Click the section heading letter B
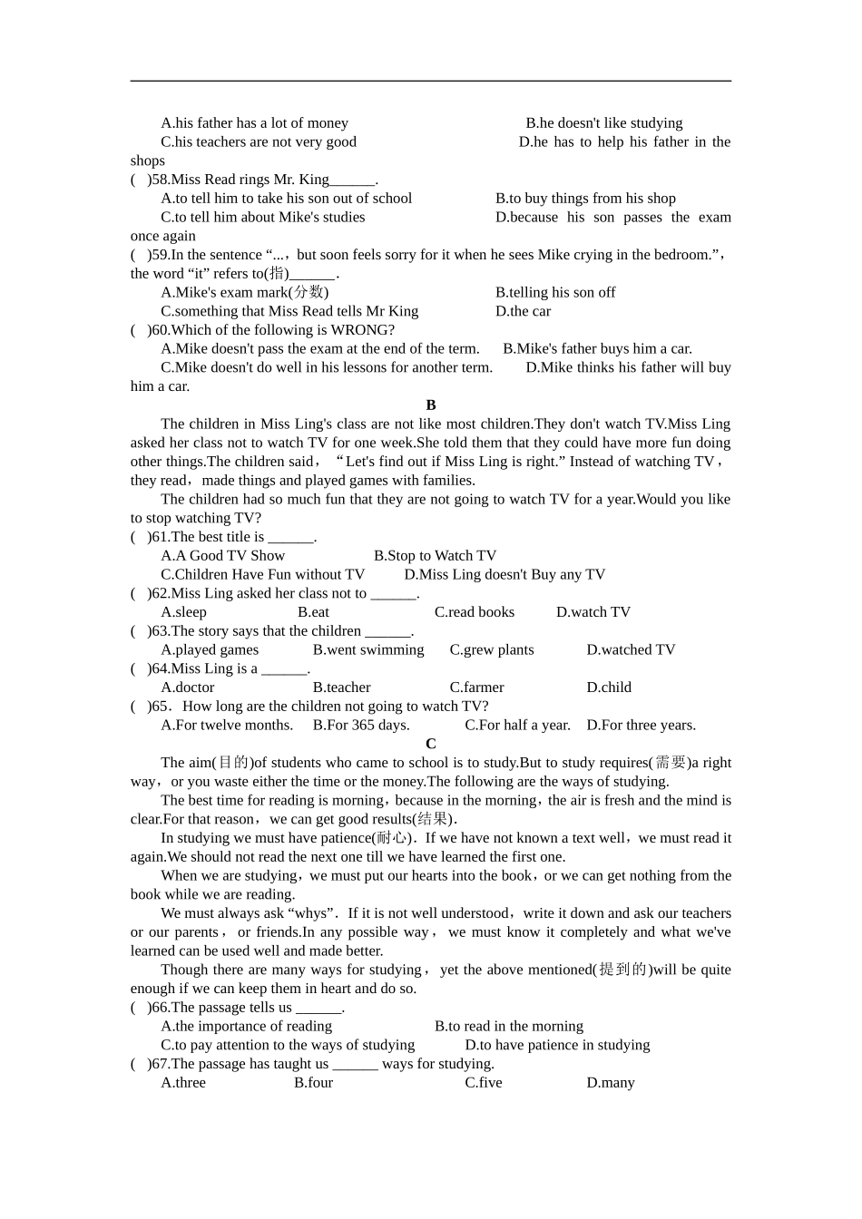click(431, 405)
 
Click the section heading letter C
click(431, 744)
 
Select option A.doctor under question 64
click(188, 688)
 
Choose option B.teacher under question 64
click(341, 688)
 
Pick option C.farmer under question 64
click(476, 688)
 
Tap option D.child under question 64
click(609, 688)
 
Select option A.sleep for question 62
click(184, 612)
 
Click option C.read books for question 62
click(475, 612)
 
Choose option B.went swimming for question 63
click(368, 649)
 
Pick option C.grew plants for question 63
click(492, 649)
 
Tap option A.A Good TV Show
click(223, 556)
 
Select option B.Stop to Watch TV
click(436, 556)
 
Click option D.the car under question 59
click(524, 311)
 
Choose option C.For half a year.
click(518, 725)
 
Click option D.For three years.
click(642, 725)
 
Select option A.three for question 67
click(183, 1083)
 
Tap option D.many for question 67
click(611, 1083)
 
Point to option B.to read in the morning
click(509, 1026)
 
